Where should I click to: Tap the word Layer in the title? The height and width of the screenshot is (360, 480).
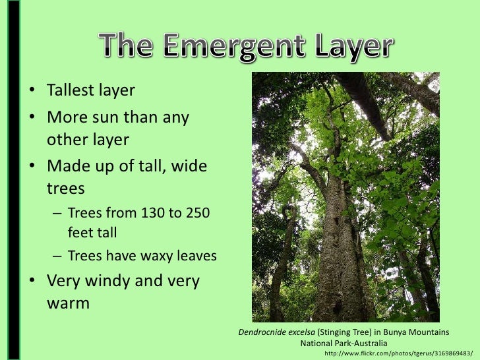point(345,47)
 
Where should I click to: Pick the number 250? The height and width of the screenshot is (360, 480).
point(197,213)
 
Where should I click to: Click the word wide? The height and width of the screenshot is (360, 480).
point(190,167)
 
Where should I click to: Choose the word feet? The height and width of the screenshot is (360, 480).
point(80,233)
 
